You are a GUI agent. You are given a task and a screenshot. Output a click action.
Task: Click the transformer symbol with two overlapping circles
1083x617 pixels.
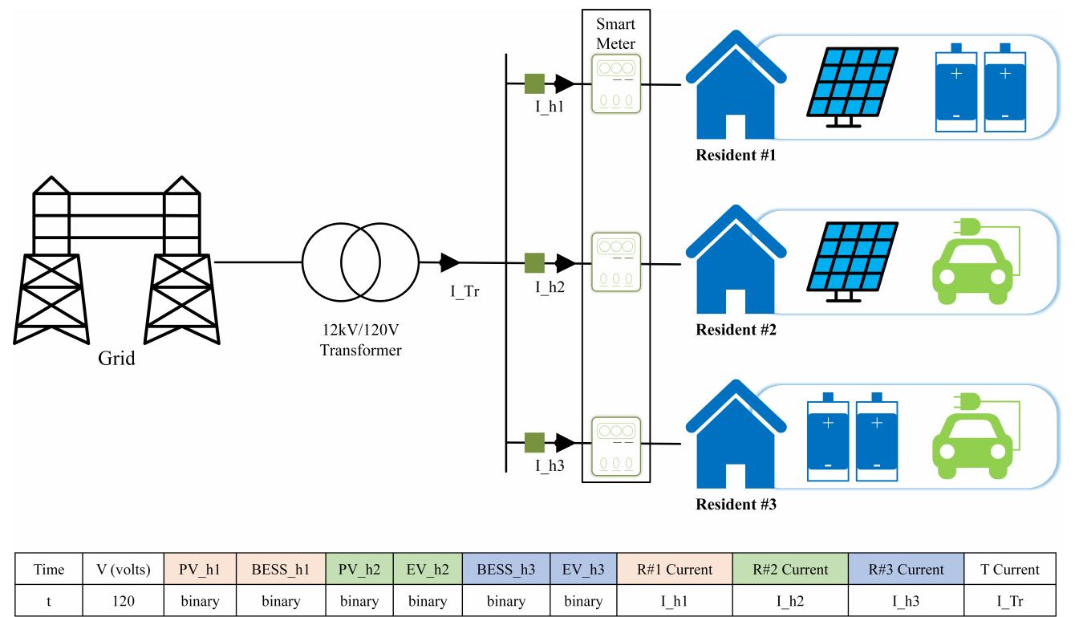click(x=360, y=262)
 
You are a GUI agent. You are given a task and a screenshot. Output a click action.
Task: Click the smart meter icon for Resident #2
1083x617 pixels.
click(x=615, y=262)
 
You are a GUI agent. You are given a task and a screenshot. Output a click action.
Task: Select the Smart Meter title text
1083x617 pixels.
click(x=615, y=33)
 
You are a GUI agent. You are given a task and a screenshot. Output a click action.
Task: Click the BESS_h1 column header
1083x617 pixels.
click(x=281, y=570)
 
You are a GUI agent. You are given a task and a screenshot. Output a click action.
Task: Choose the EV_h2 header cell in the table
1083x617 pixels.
click(x=428, y=570)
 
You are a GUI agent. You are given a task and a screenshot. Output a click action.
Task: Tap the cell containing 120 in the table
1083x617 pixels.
click(x=124, y=600)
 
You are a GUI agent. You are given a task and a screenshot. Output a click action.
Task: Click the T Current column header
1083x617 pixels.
click(x=1010, y=570)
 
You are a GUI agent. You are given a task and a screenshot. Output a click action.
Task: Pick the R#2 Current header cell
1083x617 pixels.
click(x=789, y=570)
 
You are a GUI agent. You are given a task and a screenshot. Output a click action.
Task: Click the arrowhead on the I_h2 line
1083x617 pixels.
click(x=565, y=262)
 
